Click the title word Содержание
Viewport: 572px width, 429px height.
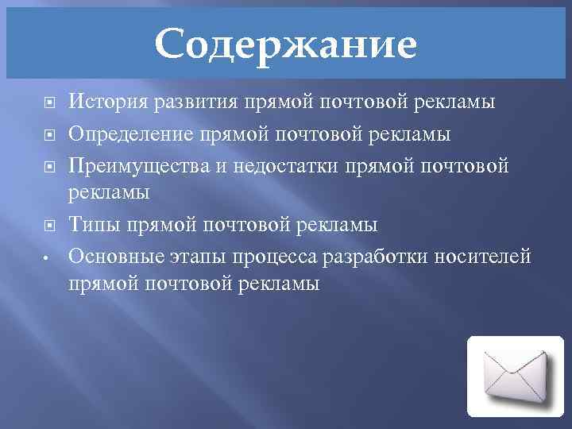[285, 44]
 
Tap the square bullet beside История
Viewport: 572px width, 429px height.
[48, 102]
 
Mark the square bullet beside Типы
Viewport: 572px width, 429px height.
[48, 225]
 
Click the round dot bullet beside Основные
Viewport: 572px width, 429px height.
[48, 257]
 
